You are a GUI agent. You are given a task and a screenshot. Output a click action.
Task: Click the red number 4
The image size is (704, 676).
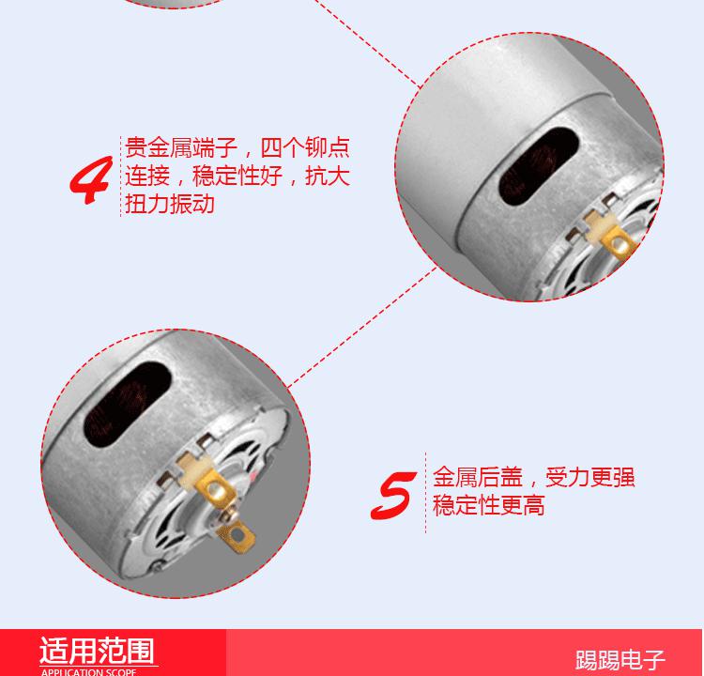[90, 179]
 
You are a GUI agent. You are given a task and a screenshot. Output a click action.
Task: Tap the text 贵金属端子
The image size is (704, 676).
[181, 147]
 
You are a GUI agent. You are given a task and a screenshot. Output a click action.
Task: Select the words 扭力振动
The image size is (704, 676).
[170, 204]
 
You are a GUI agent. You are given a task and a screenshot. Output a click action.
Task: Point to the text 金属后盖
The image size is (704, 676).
[478, 477]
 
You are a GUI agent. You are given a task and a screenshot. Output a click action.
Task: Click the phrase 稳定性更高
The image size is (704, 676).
[489, 505]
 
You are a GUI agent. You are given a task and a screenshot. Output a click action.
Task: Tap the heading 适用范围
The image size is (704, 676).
[97, 651]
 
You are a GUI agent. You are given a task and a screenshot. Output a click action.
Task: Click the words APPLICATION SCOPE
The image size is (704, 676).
[88, 672]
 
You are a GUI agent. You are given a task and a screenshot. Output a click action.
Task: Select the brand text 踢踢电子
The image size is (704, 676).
[620, 660]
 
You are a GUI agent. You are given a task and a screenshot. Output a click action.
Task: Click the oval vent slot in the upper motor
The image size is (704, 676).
[539, 166]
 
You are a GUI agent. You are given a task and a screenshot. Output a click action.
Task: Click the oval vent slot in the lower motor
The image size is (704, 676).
[128, 405]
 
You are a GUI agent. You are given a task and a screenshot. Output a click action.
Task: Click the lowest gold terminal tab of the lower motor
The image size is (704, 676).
[236, 537]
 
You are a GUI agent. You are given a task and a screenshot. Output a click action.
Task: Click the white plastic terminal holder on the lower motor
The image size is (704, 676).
[193, 469]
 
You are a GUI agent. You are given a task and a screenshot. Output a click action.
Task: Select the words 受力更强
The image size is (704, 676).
[590, 477]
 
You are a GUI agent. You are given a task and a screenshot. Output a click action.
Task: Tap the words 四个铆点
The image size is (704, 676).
[304, 147]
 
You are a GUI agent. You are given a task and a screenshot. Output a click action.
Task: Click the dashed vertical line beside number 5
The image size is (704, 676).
[425, 493]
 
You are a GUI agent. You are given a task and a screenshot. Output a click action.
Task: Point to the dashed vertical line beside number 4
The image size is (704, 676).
[120, 177]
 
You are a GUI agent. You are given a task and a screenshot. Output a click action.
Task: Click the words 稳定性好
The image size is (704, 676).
[237, 176]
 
